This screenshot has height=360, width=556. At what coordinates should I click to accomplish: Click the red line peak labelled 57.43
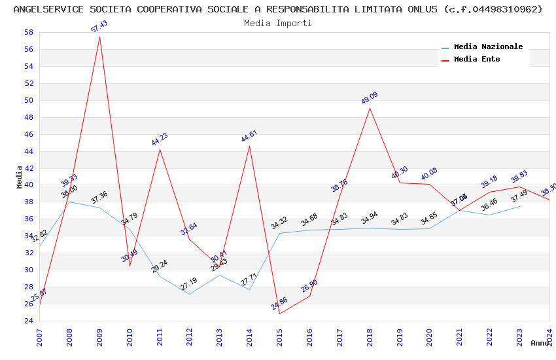[99, 37]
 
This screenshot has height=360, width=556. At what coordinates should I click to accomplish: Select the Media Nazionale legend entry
[488, 47]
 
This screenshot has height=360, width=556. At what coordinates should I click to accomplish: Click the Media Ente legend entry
[477, 60]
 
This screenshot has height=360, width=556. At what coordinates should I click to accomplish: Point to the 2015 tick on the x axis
[280, 337]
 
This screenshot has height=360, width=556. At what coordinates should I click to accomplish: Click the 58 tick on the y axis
[29, 32]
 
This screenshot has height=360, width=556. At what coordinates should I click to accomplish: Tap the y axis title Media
[20, 177]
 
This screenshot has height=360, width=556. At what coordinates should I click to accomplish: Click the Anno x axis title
[540, 343]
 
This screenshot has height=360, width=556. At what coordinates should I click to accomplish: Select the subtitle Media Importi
[278, 23]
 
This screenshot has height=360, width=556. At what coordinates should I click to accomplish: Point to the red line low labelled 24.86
[280, 314]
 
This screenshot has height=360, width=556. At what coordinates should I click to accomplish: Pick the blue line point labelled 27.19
[190, 294]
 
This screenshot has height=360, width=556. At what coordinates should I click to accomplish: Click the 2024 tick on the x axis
[550, 337]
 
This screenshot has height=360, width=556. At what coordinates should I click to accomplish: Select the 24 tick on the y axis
[29, 321]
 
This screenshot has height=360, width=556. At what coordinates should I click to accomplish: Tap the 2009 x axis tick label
[99, 337]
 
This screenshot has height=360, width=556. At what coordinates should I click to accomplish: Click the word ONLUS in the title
[425, 9]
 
